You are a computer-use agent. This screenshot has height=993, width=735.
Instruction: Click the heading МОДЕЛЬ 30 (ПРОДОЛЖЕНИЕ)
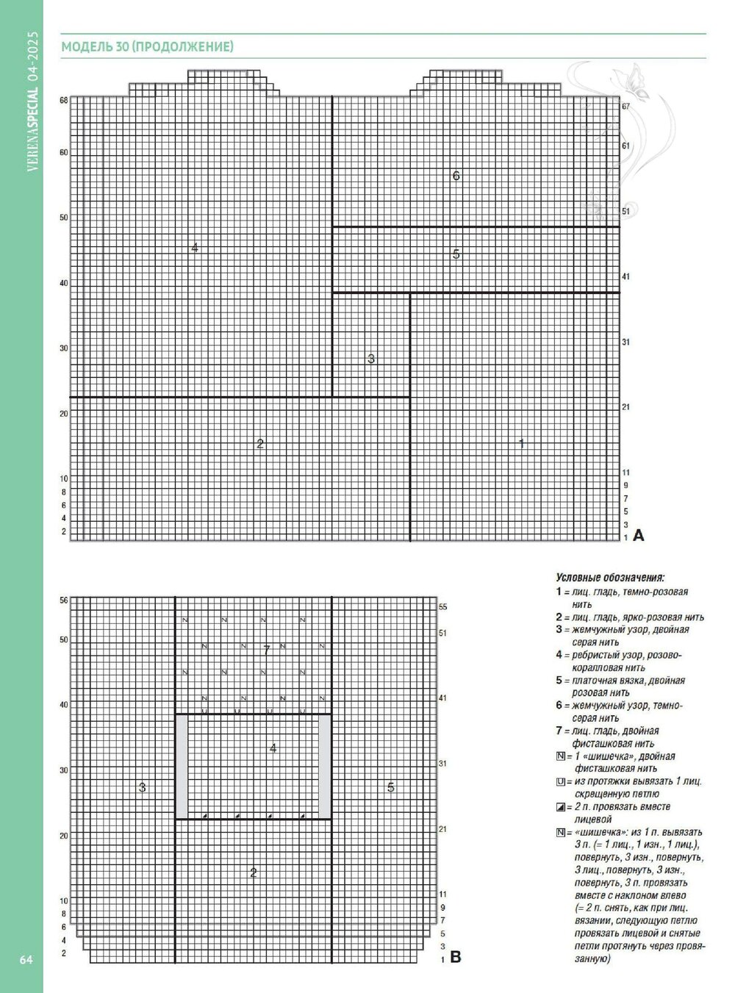(147, 48)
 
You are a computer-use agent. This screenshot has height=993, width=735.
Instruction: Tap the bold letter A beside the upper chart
(638, 535)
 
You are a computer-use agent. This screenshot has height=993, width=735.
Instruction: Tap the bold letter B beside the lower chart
(455, 957)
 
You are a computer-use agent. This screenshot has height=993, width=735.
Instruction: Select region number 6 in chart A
(456, 176)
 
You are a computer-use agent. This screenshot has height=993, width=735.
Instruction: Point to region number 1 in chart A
(521, 444)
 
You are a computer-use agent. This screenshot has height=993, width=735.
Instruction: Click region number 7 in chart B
(267, 650)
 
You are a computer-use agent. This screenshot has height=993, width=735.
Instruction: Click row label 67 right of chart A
(625, 107)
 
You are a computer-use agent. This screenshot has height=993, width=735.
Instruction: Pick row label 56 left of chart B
(64, 601)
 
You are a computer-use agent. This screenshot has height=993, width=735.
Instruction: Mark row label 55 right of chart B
(443, 608)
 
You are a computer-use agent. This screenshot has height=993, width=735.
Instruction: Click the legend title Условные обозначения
(610, 578)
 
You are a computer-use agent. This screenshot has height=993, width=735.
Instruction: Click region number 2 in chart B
(254, 873)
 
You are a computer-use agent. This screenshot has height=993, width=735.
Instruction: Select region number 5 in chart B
(390, 788)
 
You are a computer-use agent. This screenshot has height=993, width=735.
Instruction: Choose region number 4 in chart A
(195, 248)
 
